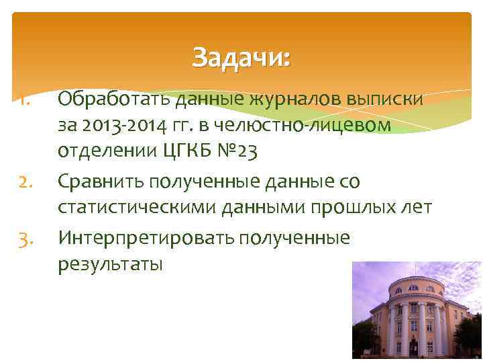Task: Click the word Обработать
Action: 115,99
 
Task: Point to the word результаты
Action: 110,265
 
